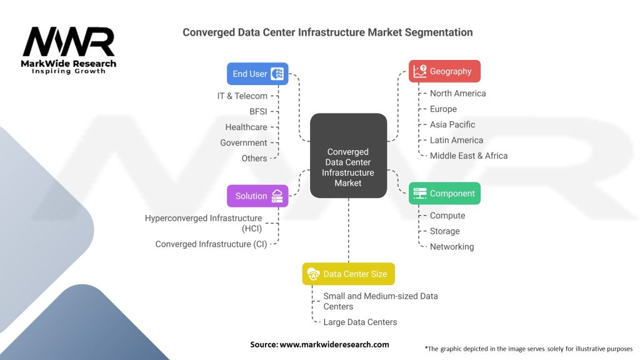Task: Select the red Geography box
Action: (x=444, y=71)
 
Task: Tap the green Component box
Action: (x=444, y=194)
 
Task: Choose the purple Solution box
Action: (x=257, y=196)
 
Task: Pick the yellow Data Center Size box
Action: (x=348, y=274)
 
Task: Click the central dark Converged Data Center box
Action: (x=348, y=156)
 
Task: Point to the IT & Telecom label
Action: (x=242, y=96)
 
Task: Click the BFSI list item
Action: (x=258, y=112)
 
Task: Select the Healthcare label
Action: (x=246, y=127)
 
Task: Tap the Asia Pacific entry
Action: (x=452, y=124)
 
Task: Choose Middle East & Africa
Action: (x=469, y=156)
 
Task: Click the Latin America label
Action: (x=456, y=140)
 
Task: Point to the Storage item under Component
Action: (x=445, y=231)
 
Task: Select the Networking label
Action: (x=452, y=247)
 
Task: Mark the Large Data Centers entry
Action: (x=360, y=322)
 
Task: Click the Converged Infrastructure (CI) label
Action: (x=211, y=244)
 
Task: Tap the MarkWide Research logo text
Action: (x=69, y=64)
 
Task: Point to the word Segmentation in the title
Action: (x=435, y=32)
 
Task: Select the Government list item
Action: (x=244, y=143)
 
